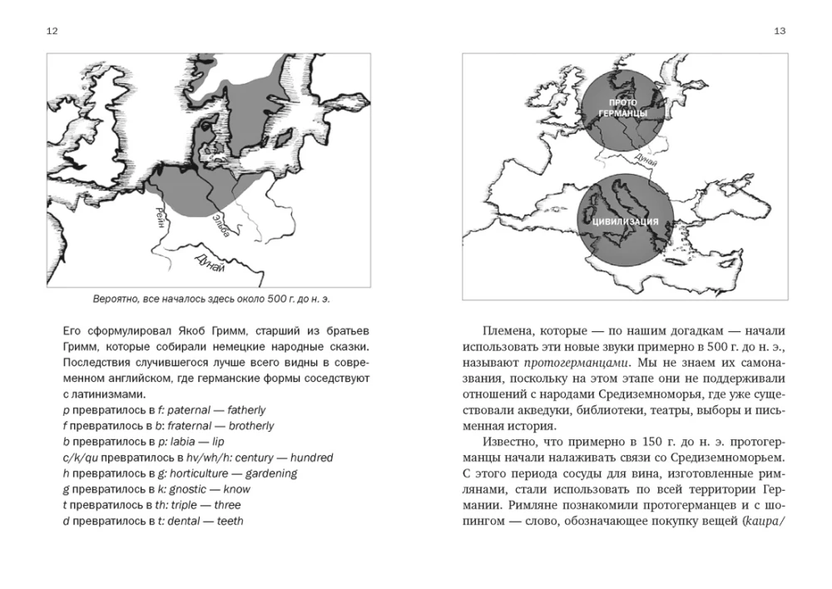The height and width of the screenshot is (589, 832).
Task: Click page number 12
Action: pos(52,31)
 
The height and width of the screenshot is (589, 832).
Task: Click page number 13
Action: pos(779,31)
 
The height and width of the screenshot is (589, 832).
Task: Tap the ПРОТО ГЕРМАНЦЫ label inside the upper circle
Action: pos(616,106)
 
